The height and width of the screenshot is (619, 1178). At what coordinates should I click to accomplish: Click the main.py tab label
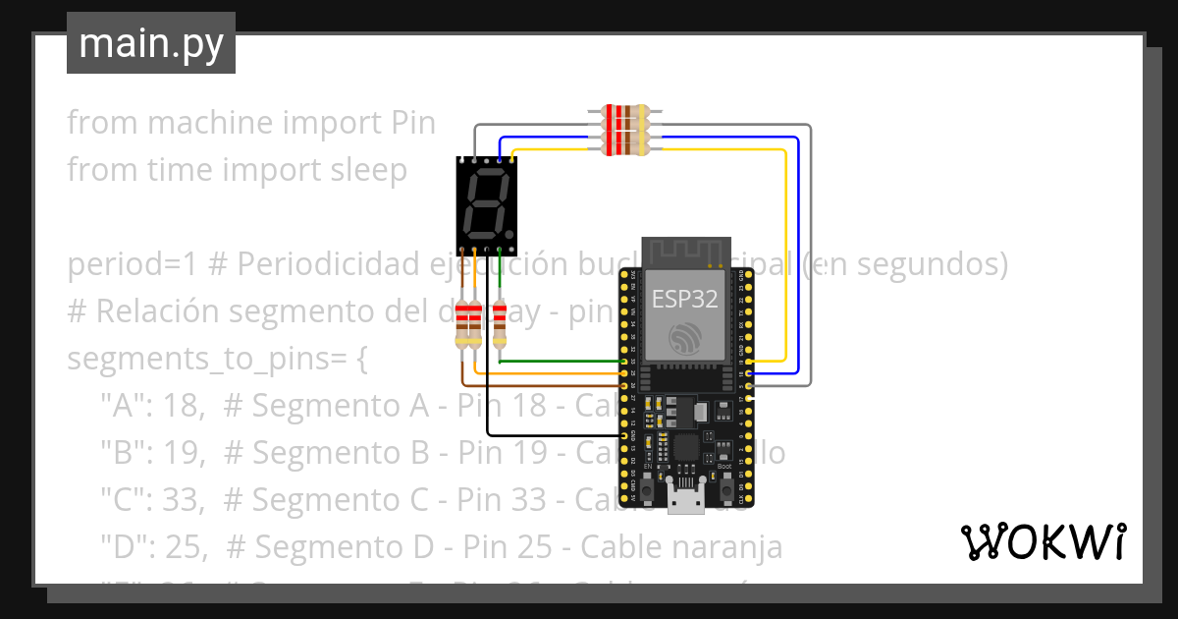coord(151,43)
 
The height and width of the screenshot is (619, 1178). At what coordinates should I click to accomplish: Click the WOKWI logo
coord(1043,541)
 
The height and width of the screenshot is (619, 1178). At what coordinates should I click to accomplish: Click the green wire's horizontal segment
coord(560,362)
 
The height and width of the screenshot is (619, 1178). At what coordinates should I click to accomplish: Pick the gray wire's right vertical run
coord(811,255)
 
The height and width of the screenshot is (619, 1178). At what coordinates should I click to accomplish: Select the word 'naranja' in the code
coord(728,546)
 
